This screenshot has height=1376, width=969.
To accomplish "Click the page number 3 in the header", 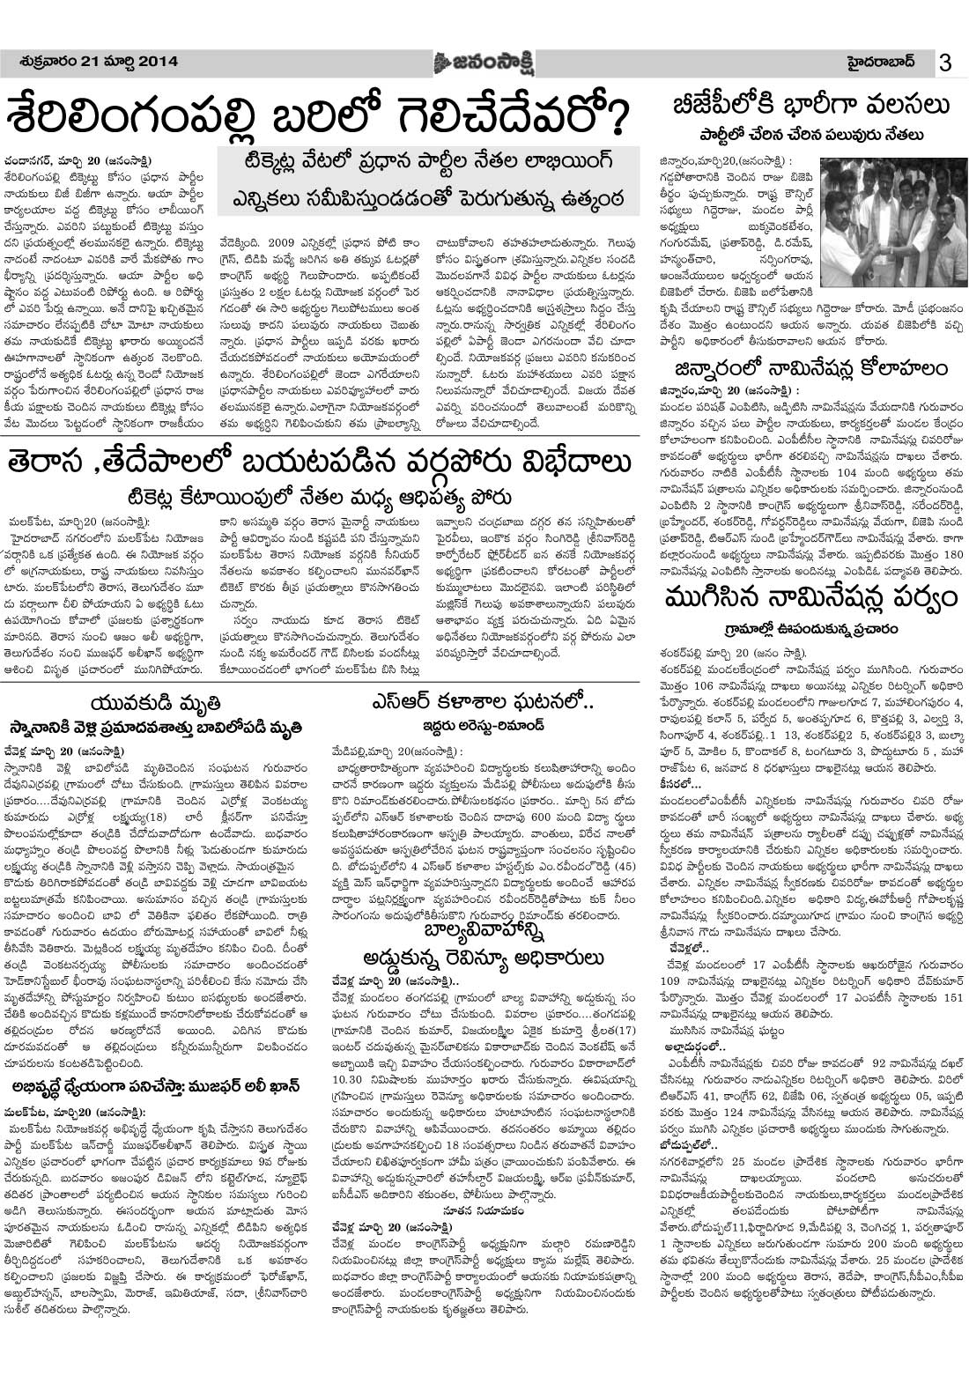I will tap(945, 63).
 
